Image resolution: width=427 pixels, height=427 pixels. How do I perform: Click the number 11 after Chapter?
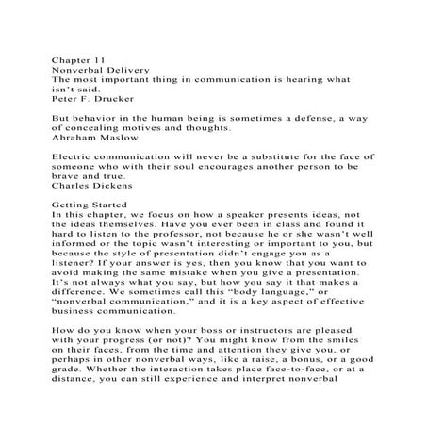[x=97, y=59]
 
